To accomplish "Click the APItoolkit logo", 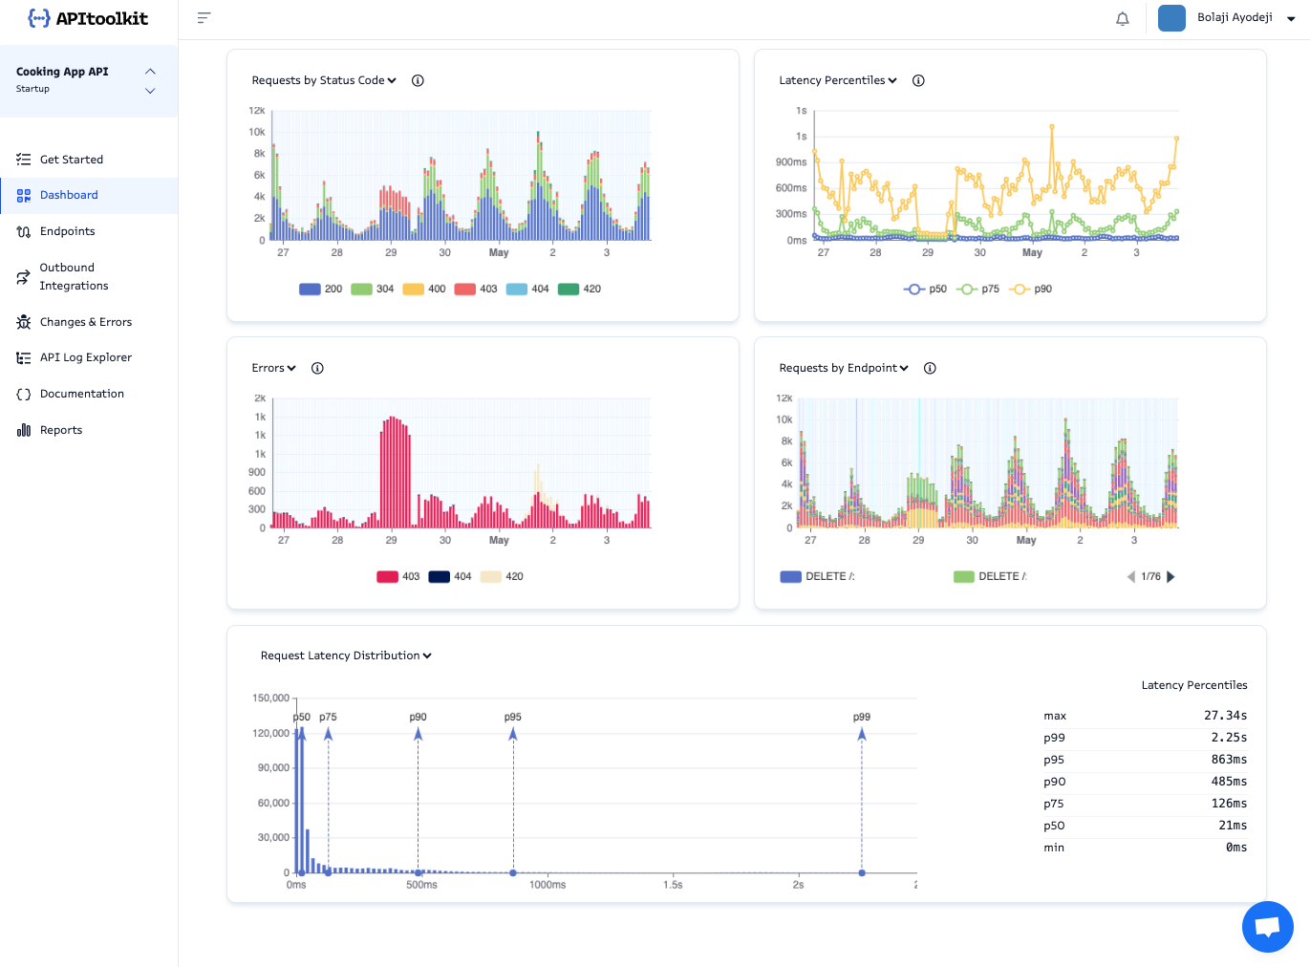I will coord(88,18).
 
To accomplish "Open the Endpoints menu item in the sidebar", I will coord(67,231).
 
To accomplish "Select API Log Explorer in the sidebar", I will coord(85,357).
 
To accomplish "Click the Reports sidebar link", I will coord(60,430).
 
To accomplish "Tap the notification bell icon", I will coord(1123,18).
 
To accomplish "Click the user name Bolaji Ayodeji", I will coord(1235,17).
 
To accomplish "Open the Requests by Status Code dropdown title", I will coord(324,80).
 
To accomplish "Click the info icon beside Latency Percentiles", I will coord(918,80).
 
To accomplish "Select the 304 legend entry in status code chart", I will coord(374,289).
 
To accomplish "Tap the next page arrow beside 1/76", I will coord(1171,576).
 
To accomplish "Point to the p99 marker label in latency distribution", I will coord(862,717).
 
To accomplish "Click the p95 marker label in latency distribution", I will coord(513,717).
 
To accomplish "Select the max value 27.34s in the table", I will coord(1225,716).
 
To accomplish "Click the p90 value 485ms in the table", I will coord(1229,782).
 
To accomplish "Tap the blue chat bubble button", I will coord(1267,927).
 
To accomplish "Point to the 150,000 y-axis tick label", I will coord(270,698).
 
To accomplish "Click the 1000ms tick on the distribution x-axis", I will coord(548,885).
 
